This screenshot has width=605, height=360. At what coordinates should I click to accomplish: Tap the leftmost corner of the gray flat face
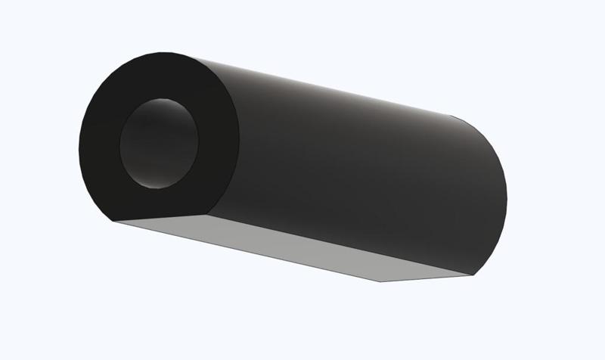click(113, 222)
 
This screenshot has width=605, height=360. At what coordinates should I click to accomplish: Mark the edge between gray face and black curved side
click(340, 242)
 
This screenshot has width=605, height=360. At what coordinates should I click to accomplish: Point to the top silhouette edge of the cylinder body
click(318, 83)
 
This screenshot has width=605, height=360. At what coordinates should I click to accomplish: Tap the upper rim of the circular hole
click(160, 99)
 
